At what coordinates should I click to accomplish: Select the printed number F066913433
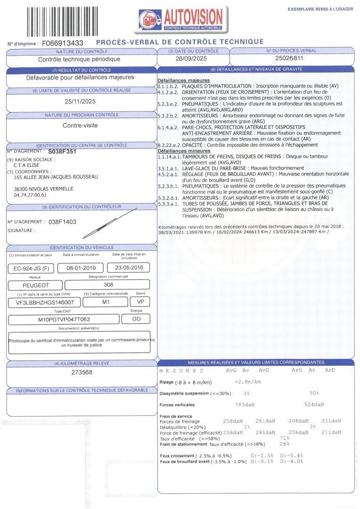(x=63, y=43)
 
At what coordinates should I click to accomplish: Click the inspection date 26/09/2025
(x=191, y=59)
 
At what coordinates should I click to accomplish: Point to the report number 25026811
(x=289, y=59)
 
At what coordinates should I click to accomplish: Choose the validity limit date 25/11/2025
(x=80, y=101)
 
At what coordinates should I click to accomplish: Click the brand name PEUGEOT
(x=35, y=285)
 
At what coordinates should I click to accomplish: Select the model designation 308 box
(x=107, y=285)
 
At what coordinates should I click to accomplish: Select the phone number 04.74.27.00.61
(x=30, y=195)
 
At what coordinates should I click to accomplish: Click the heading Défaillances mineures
(x=177, y=151)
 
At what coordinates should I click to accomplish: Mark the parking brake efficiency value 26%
(x=284, y=444)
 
